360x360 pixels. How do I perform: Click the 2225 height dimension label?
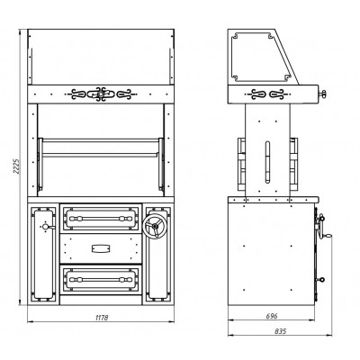pyautogui.click(x=16, y=167)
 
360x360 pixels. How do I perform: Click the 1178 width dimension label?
pyautogui.click(x=101, y=318)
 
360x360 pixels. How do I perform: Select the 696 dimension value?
pyautogui.click(x=272, y=316)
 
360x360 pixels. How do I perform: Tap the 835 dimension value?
pyautogui.click(x=280, y=331)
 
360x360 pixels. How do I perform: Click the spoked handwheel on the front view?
pyautogui.click(x=155, y=227)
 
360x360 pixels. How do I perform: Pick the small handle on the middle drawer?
pyautogui.click(x=101, y=248)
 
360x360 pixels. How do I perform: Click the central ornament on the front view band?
pyautogui.click(x=101, y=94)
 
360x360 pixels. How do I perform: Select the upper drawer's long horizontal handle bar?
pyautogui.click(x=101, y=219)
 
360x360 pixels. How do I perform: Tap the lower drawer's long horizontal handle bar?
pyautogui.click(x=101, y=280)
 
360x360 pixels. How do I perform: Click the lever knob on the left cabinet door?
pyautogui.click(x=47, y=227)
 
